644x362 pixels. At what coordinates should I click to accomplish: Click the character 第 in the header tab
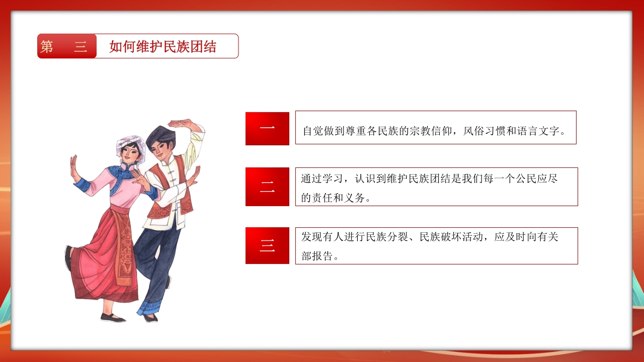tap(47, 47)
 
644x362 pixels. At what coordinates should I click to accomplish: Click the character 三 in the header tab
tap(80, 47)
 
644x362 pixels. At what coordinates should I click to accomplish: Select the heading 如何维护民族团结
tap(163, 47)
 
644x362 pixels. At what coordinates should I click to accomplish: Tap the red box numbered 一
tap(267, 129)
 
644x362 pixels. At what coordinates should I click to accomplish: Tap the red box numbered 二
tap(267, 187)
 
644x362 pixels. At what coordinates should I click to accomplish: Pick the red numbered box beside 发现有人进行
tap(267, 246)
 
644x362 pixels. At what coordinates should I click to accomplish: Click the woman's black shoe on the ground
tap(113, 318)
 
